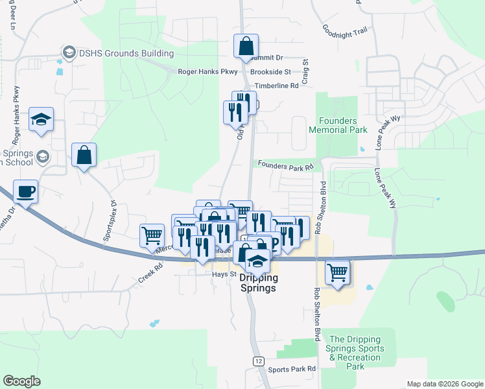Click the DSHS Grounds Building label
[125, 53]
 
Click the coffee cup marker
[25, 192]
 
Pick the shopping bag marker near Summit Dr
[246, 47]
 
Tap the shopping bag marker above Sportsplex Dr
[84, 156]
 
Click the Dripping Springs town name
[259, 283]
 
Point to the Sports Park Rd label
[292, 369]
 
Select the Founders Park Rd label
[285, 165]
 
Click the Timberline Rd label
[276, 85]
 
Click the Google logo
[21, 381]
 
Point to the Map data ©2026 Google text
[445, 384]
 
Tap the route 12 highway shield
[259, 360]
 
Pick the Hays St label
[222, 275]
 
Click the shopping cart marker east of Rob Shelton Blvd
[337, 272]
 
